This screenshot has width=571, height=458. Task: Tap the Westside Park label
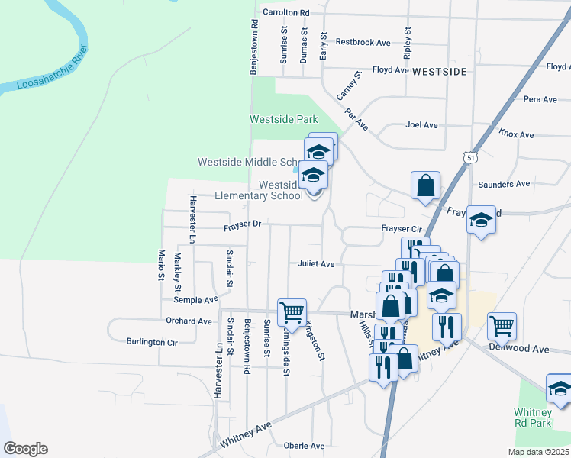point(283,120)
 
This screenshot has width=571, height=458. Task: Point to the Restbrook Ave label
point(363,43)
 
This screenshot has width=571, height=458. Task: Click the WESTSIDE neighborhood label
point(439,71)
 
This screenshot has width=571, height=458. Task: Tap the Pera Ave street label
point(540,99)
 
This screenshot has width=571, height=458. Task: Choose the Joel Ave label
point(421,125)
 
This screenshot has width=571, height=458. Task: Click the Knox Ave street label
point(516,134)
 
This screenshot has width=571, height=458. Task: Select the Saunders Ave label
point(503,184)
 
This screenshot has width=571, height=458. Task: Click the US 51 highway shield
point(469,157)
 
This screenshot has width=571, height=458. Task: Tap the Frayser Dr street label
point(243,225)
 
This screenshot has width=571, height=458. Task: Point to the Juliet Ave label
point(316,264)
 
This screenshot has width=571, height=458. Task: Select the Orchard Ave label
point(189,321)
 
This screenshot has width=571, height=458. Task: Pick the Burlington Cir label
point(152,342)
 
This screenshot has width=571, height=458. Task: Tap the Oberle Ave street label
point(304,446)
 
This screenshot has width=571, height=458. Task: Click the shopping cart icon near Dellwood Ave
point(502,326)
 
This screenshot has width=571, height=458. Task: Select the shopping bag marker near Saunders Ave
point(425,185)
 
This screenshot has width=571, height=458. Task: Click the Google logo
point(25,449)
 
